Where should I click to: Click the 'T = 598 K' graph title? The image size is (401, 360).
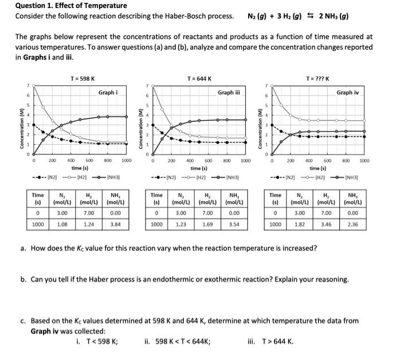point(82,78)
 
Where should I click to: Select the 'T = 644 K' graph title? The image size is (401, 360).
point(199,78)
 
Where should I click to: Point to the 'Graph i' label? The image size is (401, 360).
point(108,92)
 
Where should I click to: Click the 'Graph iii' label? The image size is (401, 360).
point(229,92)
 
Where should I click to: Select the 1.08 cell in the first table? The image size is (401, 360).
point(62,224)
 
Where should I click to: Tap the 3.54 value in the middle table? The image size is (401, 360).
point(234,224)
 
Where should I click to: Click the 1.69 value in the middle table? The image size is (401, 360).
point(207,224)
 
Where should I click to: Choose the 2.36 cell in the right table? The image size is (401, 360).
point(353,224)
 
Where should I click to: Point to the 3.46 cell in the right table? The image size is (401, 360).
point(327,224)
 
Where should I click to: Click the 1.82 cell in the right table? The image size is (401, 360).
point(300,224)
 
